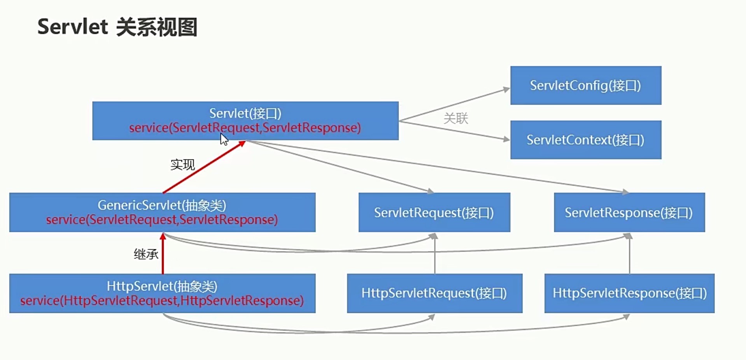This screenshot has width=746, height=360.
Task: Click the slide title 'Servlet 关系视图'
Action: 117,27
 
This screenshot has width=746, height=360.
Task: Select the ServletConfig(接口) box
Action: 585,86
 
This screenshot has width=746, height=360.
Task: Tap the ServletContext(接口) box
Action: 585,140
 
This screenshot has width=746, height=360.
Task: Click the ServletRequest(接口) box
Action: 434,213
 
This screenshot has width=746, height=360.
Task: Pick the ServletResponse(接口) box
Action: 629,213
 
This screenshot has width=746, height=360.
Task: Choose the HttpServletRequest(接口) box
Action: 434,293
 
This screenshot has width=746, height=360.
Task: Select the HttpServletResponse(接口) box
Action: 629,293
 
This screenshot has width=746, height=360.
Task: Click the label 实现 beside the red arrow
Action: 182,165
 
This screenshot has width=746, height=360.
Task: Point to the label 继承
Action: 146,254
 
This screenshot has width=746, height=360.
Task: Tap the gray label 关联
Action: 456,118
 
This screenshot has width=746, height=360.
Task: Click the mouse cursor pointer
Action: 224,139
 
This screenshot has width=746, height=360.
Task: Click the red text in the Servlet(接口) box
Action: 245,128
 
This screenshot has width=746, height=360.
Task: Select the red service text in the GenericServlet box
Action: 162,220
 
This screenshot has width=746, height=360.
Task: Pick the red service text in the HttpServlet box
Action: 162,301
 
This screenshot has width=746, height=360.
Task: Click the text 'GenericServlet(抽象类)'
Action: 162,205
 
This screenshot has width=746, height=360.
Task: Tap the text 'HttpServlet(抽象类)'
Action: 162,287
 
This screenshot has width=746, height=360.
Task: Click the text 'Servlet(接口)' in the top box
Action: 245,114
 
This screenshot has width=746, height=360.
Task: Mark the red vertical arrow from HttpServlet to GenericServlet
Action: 163,255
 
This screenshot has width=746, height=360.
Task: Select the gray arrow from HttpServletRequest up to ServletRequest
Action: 434,255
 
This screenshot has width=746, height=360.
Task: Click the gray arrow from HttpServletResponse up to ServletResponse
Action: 629,255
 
